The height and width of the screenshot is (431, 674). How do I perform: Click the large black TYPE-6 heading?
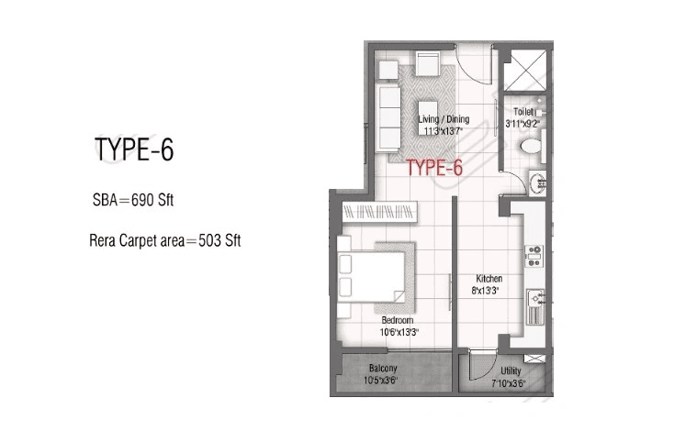[134, 150]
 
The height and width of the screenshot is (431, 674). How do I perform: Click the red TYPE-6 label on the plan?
[433, 167]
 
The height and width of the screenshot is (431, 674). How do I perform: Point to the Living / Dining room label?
[444, 119]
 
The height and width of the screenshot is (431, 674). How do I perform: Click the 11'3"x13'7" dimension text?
[443, 131]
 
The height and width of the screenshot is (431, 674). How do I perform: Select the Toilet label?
[523, 110]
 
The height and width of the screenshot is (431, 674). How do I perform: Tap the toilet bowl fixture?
[530, 147]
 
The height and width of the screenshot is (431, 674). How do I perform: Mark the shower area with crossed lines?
[526, 71]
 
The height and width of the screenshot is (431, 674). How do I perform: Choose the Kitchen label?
[488, 279]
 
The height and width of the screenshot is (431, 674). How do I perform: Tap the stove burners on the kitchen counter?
[533, 250]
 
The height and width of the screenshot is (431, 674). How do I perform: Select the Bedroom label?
[397, 320]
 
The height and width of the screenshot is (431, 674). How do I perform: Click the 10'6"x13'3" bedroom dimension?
[398, 332]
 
